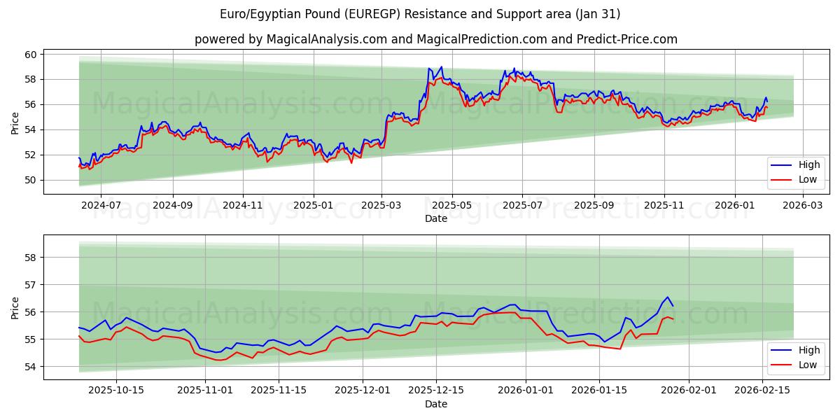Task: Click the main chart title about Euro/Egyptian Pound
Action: (x=419, y=14)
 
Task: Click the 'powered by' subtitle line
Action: (x=435, y=39)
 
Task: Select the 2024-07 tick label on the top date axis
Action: (x=101, y=206)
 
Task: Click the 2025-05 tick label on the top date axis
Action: (x=451, y=206)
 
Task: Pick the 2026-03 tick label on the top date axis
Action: (x=802, y=206)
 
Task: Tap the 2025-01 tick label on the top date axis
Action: (x=313, y=206)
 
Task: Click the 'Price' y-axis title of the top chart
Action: (x=15, y=123)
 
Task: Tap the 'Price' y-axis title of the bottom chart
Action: (x=15, y=308)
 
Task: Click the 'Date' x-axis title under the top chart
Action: (x=435, y=218)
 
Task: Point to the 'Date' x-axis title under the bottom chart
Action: (x=435, y=404)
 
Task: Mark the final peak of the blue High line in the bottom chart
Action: (x=667, y=297)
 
